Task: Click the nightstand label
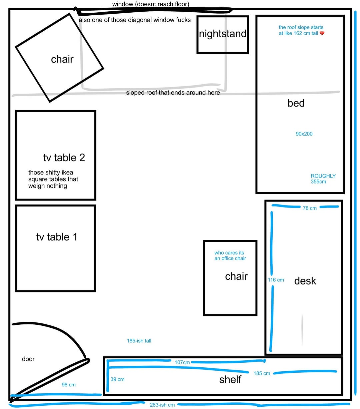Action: (222, 34)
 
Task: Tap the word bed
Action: (296, 103)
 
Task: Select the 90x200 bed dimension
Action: (304, 134)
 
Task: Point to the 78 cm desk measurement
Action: (309, 208)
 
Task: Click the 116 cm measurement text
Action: (276, 280)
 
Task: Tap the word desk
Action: (305, 281)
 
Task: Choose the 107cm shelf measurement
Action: (182, 362)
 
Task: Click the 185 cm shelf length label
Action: (262, 373)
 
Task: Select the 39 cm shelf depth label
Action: (117, 379)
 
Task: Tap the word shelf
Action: (230, 380)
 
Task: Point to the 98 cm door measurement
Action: (69, 385)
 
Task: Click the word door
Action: (28, 359)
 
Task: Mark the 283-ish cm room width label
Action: (162, 405)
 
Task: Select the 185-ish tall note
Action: (139, 341)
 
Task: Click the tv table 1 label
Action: (57, 237)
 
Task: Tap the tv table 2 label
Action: (64, 158)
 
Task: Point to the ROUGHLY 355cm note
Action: (323, 179)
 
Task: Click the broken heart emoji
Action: (322, 33)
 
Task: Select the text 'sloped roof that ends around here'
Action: (173, 93)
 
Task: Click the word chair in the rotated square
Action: (62, 59)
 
